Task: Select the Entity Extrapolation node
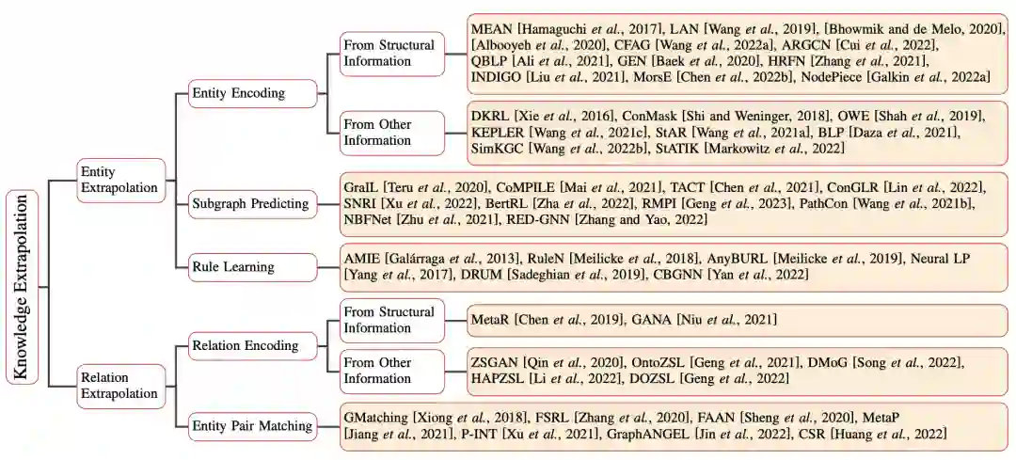click(x=120, y=179)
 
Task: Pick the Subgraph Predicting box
click(x=249, y=203)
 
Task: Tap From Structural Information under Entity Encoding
click(x=389, y=54)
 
